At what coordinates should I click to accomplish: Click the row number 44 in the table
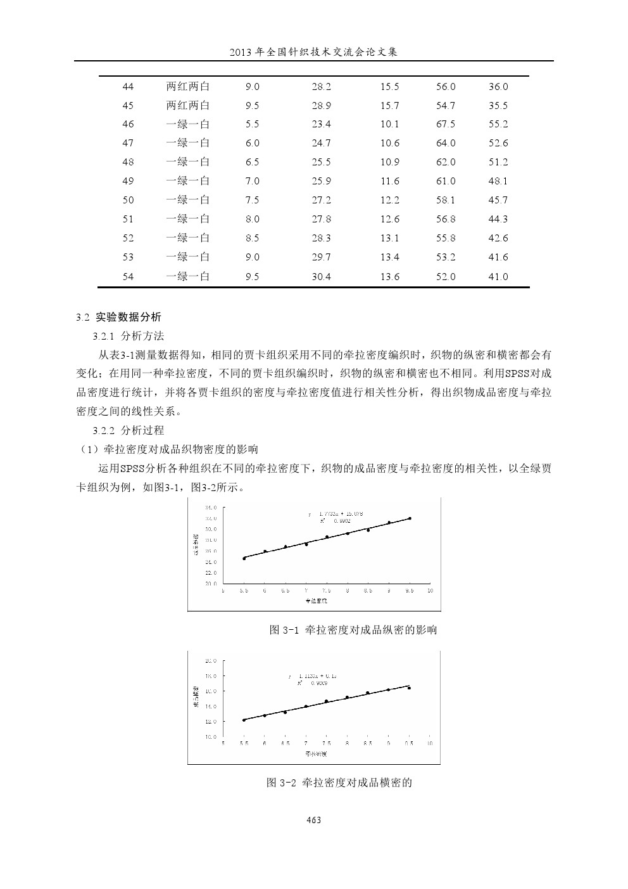pos(128,87)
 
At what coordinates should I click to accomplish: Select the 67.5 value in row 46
pos(446,124)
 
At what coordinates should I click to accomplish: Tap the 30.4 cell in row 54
pos(321,277)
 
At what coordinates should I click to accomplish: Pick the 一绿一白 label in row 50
pos(188,200)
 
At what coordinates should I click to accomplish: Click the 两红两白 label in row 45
pos(188,105)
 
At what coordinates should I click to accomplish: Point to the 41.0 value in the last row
pos(498,277)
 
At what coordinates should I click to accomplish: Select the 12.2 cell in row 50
pos(390,200)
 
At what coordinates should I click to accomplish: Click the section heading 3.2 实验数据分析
pos(118,317)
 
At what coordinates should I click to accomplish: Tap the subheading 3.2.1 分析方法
pos(128,336)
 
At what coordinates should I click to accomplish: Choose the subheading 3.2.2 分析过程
pos(128,431)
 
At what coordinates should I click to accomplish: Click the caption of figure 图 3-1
pos(353,630)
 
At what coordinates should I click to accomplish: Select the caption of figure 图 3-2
pos(339,783)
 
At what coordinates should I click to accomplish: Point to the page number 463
pos(314,820)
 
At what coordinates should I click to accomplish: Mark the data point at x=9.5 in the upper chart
pos(410,518)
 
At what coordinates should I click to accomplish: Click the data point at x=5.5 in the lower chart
pos(244,720)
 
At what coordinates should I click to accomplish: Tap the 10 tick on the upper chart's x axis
pos(430,591)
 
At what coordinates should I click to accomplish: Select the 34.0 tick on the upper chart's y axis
pos(211,508)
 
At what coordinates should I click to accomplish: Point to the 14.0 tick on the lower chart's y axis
pos(211,707)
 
